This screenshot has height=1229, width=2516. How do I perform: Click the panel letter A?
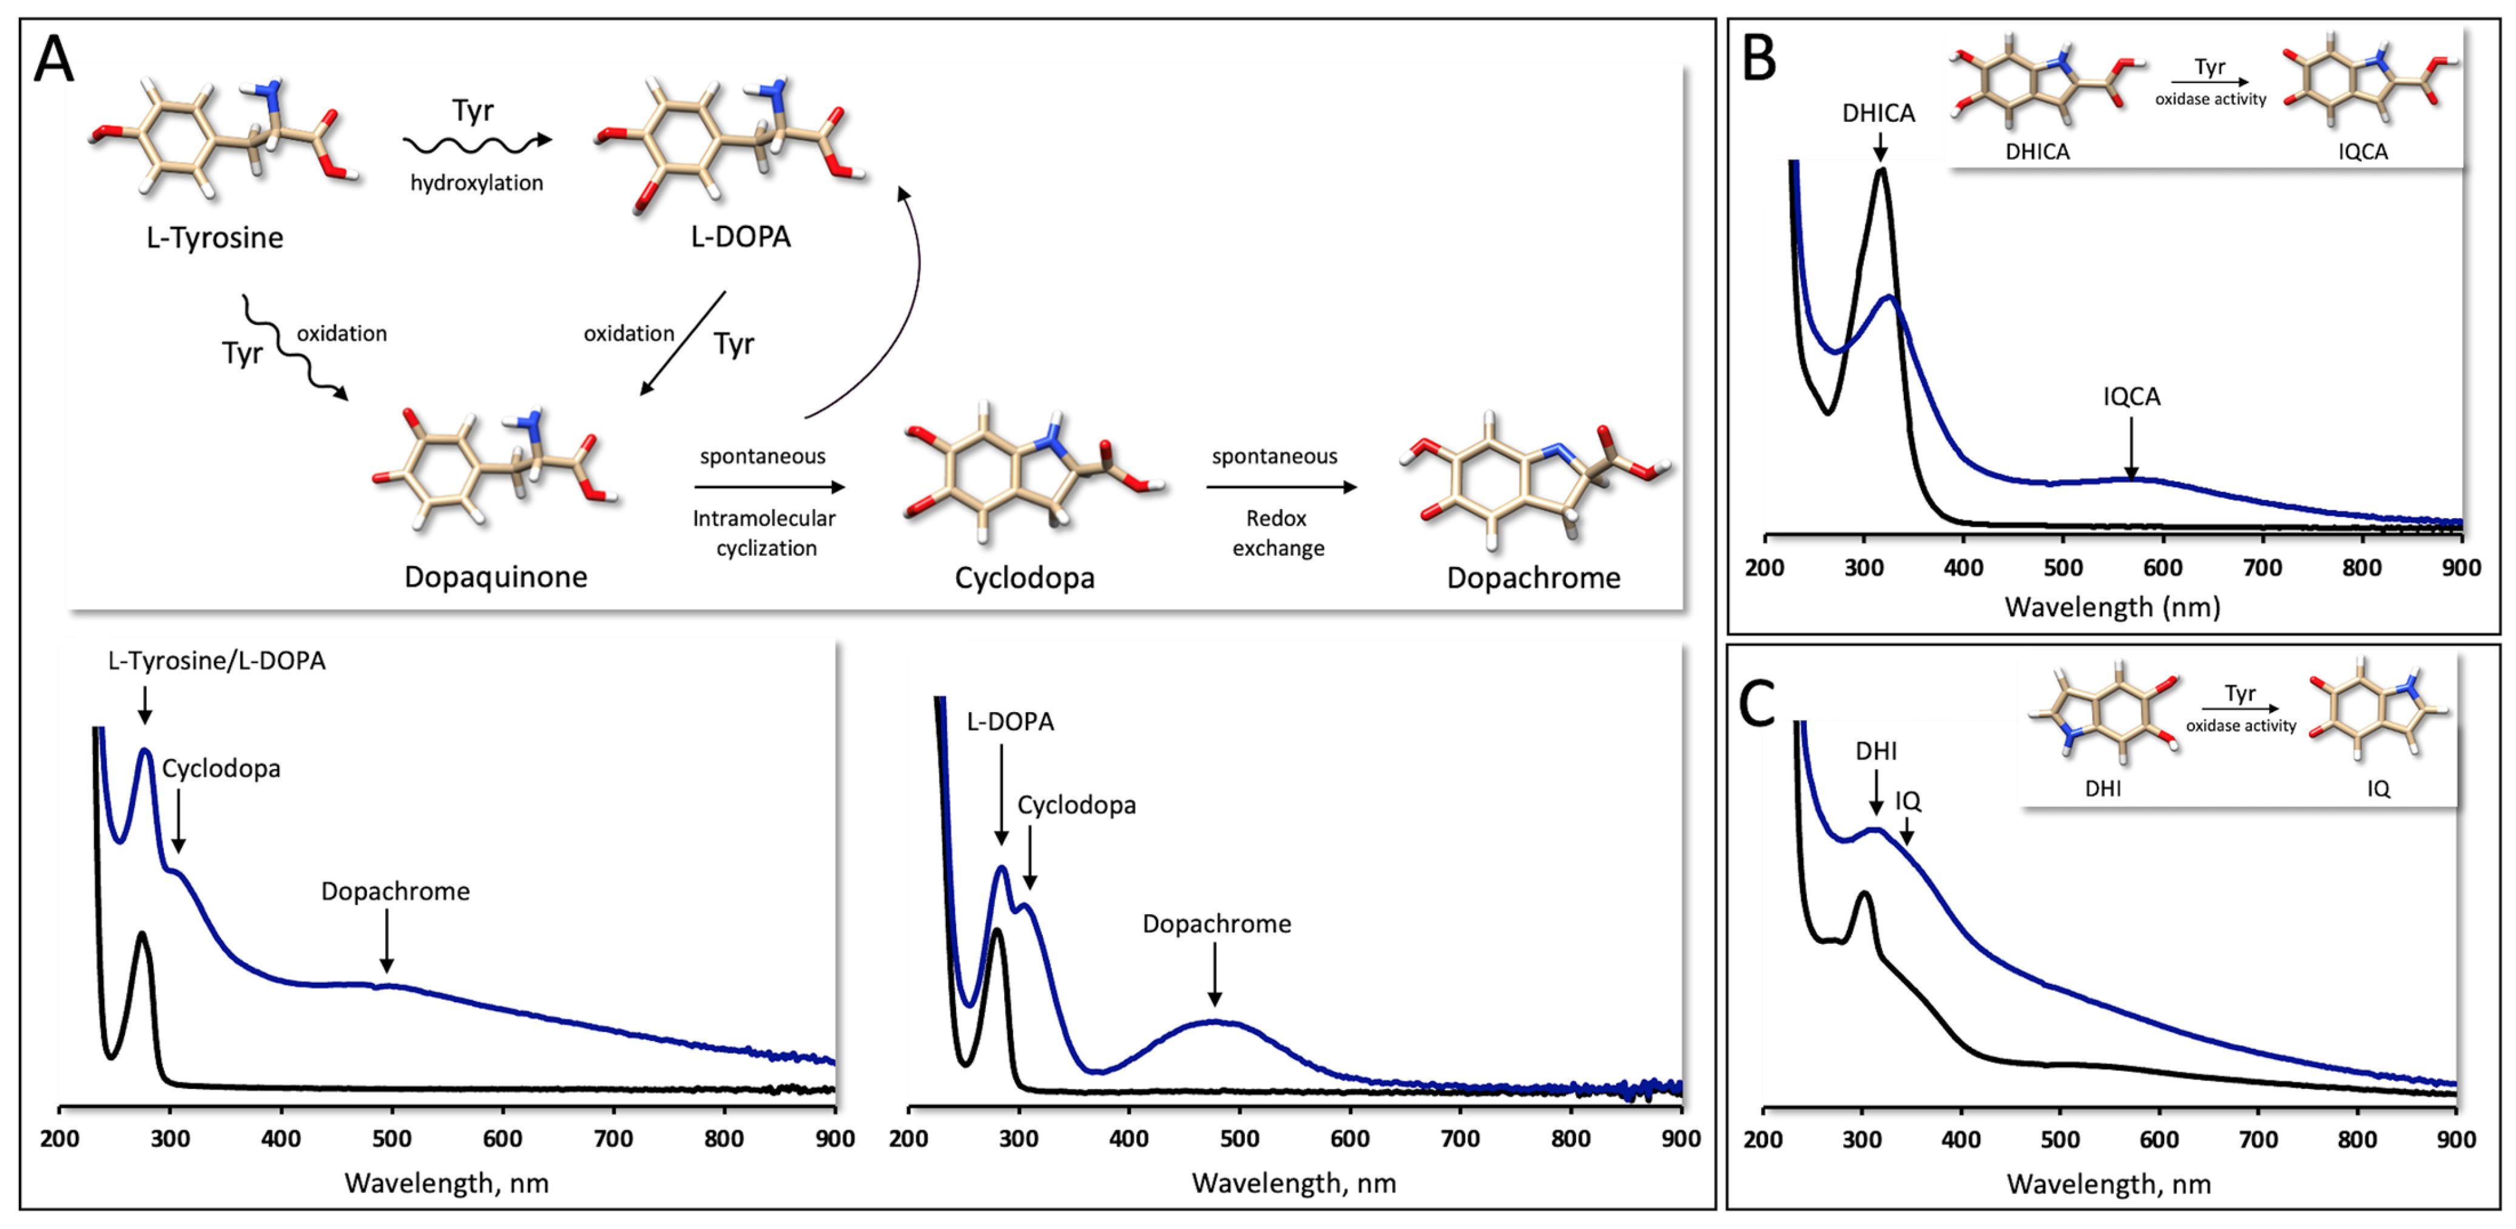click(x=54, y=61)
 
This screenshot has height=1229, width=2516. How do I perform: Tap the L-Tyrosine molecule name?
click(x=215, y=237)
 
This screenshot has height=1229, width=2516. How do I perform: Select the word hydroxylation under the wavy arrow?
click(x=477, y=183)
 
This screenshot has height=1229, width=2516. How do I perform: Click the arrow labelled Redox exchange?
click(x=1281, y=487)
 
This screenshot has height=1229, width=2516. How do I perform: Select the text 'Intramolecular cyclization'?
click(x=765, y=533)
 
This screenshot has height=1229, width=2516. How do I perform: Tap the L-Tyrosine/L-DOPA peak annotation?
click(x=217, y=661)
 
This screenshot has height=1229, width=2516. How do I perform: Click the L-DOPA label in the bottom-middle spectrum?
click(x=1010, y=722)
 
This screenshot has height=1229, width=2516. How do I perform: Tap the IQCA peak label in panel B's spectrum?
click(x=2131, y=397)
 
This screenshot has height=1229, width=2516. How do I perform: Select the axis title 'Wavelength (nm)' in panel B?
click(x=2112, y=608)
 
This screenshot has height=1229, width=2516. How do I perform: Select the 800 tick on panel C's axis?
click(x=2357, y=1139)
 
